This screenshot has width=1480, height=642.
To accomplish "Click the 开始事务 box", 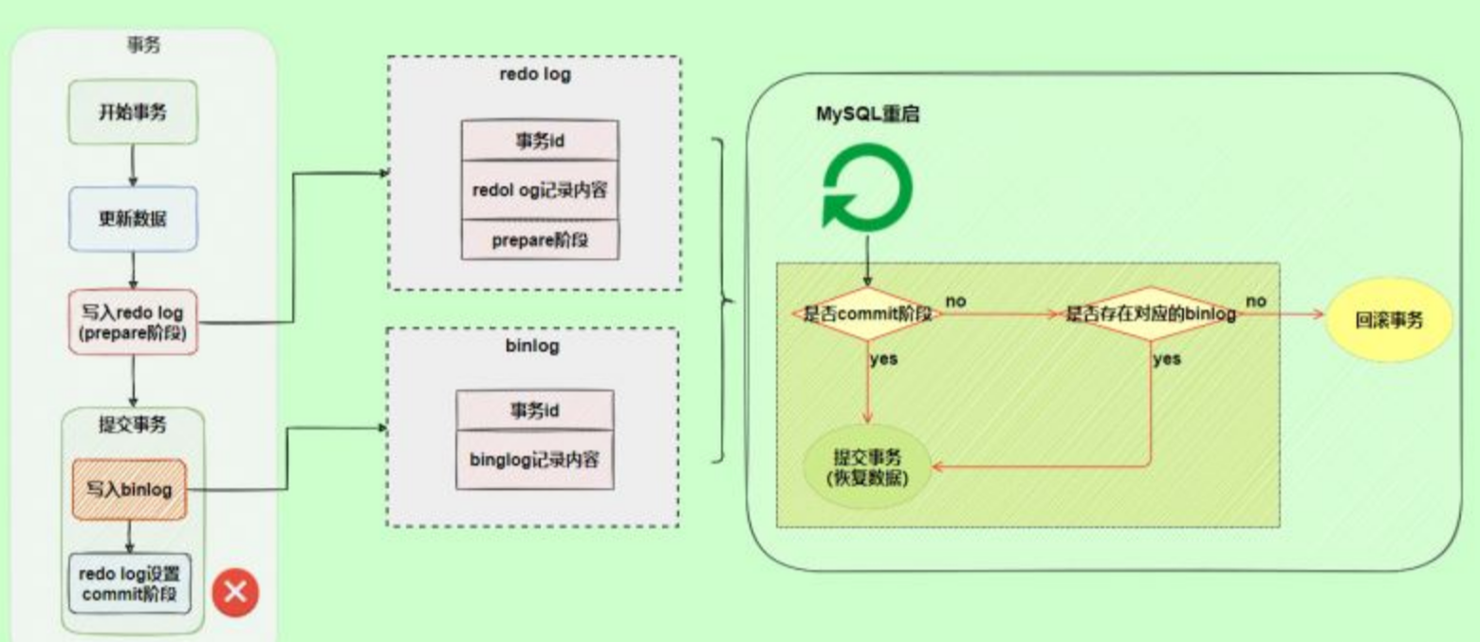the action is (x=133, y=112).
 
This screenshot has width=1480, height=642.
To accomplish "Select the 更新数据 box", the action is (x=133, y=218).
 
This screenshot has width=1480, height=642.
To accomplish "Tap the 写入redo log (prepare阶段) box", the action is (x=133, y=322).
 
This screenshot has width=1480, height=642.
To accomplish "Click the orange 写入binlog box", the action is (x=129, y=489).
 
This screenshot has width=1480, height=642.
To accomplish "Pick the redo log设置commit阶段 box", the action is (x=129, y=584).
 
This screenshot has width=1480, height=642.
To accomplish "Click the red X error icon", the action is (x=235, y=593).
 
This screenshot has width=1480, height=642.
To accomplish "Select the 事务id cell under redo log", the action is (x=540, y=141).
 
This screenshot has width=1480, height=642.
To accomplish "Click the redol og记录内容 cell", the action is (x=540, y=191).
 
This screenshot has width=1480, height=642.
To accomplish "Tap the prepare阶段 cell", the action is (x=540, y=239).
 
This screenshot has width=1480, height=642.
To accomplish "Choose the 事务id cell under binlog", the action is (x=534, y=410).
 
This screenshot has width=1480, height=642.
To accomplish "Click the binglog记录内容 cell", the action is (x=534, y=460).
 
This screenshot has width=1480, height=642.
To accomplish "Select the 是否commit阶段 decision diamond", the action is (x=867, y=313).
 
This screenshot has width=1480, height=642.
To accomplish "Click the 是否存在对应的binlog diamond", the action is (x=1150, y=313).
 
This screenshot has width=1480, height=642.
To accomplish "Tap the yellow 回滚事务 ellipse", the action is (x=1389, y=320).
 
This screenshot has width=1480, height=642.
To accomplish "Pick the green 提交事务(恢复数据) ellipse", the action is (x=867, y=467).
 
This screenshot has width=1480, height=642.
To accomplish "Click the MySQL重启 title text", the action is (x=867, y=114).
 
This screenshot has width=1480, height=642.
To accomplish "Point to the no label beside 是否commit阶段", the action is (x=956, y=301).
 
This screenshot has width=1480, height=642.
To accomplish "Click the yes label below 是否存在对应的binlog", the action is (x=1167, y=359).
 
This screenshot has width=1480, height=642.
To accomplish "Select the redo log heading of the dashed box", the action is (x=535, y=74).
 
